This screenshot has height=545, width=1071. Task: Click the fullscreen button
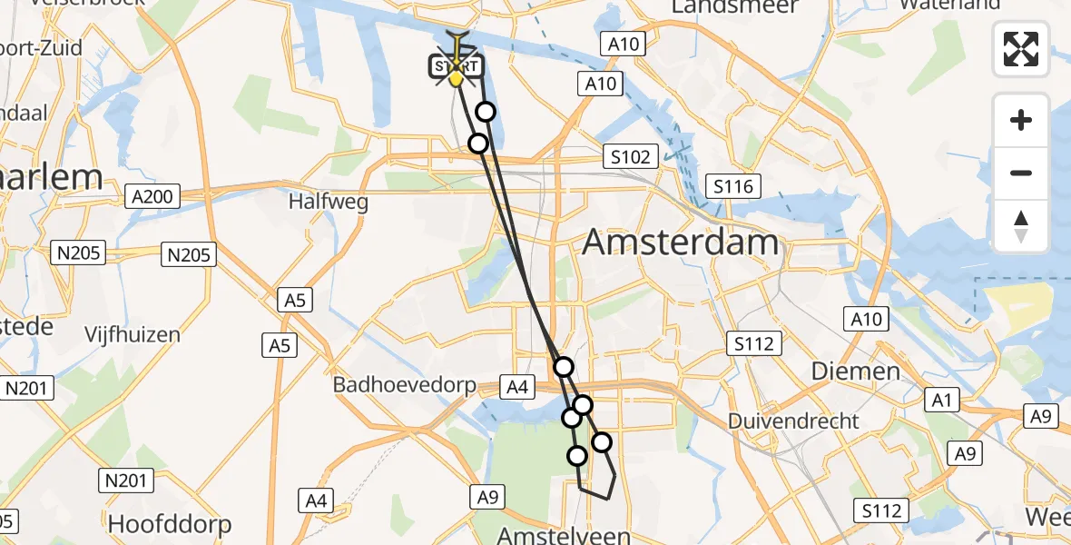coord(1021,49)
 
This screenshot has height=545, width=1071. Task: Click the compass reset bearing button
coord(1021,226)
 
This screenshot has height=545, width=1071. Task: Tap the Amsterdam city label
coord(680,243)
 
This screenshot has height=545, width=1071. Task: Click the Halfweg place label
coord(329,202)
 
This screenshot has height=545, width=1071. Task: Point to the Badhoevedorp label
coord(404,385)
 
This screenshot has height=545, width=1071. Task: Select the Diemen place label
coord(842,371)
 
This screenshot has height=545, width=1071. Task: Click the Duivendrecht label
coord(793,421)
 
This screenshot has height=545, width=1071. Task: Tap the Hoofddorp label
coord(170,524)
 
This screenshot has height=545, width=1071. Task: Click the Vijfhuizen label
coord(133,334)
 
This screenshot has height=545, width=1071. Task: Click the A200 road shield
coord(154,196)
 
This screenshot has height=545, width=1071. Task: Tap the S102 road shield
coord(630,157)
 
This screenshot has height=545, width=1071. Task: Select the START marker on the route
coord(456,67)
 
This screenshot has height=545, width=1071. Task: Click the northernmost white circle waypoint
coord(486,112)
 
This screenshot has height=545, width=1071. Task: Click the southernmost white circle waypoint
coord(577,456)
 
